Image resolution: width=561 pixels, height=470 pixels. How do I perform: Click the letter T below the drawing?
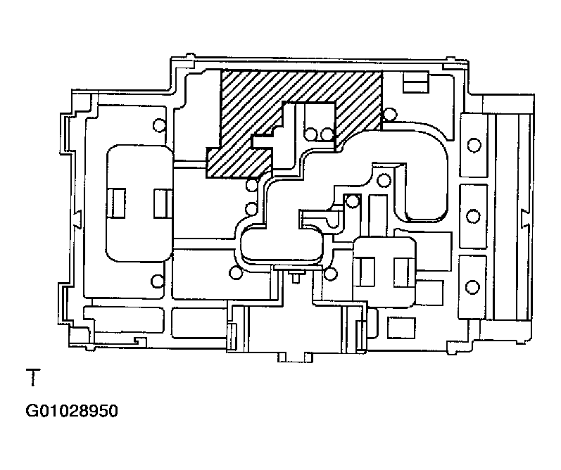point(33,378)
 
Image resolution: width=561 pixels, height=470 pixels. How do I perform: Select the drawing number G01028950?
point(72,411)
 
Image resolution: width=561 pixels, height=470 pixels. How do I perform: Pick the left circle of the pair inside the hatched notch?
point(311,134)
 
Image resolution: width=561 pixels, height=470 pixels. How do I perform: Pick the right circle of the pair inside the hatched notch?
point(327,134)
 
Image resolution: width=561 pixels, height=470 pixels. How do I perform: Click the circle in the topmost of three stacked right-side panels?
point(474,145)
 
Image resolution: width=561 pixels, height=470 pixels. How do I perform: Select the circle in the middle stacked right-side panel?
point(473,216)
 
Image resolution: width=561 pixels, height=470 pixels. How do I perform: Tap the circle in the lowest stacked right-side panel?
point(472,287)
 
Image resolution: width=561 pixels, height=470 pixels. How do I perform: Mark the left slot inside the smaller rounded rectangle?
point(367,272)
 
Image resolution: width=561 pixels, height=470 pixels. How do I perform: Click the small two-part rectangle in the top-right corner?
point(416,82)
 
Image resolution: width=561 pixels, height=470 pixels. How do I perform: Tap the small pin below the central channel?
point(296,277)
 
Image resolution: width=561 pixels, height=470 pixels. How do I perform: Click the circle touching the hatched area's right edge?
point(389,115)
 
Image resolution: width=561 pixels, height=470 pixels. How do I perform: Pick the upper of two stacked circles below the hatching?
point(252,185)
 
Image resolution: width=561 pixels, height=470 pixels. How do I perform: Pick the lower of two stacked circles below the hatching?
point(251,208)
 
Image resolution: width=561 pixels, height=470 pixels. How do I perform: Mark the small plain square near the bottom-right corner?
point(402,327)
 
